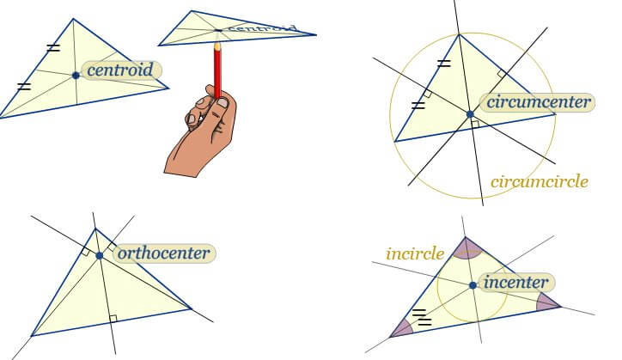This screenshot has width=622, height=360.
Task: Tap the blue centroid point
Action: pos(76,76)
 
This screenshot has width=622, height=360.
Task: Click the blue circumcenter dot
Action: pos(469,114)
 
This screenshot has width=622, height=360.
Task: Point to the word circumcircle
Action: pos(539,181)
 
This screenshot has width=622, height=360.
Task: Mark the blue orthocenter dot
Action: pos(100,255)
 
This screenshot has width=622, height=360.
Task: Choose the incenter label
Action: pos(515,282)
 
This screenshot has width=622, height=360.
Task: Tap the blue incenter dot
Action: pos(473,284)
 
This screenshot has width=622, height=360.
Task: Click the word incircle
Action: pos(415,253)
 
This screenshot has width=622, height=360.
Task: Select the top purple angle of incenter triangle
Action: pos(465,248)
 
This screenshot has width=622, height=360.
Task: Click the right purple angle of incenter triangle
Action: pos(547,302)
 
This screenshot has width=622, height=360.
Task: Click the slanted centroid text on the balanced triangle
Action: pos(262,29)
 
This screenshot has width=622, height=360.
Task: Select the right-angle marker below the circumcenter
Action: pos(474,125)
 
